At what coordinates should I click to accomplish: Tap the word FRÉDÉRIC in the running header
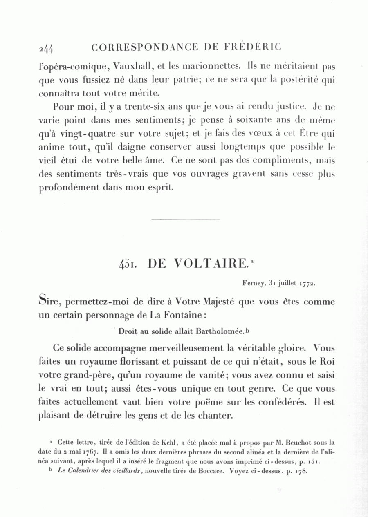point(253,47)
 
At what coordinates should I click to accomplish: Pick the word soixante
point(256,121)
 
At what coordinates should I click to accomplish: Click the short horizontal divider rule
point(185,220)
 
